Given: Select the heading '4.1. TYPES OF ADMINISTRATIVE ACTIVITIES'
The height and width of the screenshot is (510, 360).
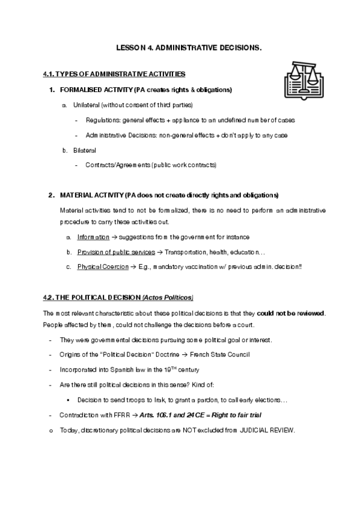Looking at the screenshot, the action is tap(114, 74).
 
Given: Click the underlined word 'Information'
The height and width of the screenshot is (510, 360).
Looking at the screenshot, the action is tap(93, 237).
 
